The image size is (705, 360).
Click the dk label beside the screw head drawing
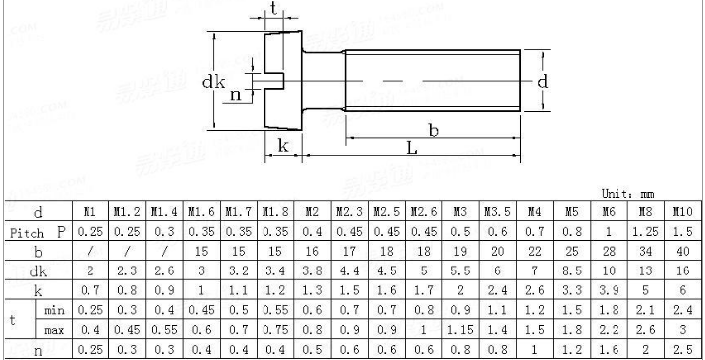point(215,79)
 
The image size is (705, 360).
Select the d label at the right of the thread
point(542,82)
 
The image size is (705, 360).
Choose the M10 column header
point(682,212)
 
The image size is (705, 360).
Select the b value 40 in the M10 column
point(682,252)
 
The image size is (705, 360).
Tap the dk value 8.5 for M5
point(571,270)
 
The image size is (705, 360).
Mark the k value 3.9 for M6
point(608,290)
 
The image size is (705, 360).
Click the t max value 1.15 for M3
point(460,329)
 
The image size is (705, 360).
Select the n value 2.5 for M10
point(682,349)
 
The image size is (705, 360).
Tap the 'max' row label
point(55,329)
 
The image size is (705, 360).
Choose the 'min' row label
point(55,310)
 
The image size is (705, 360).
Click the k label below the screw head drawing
point(283,146)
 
